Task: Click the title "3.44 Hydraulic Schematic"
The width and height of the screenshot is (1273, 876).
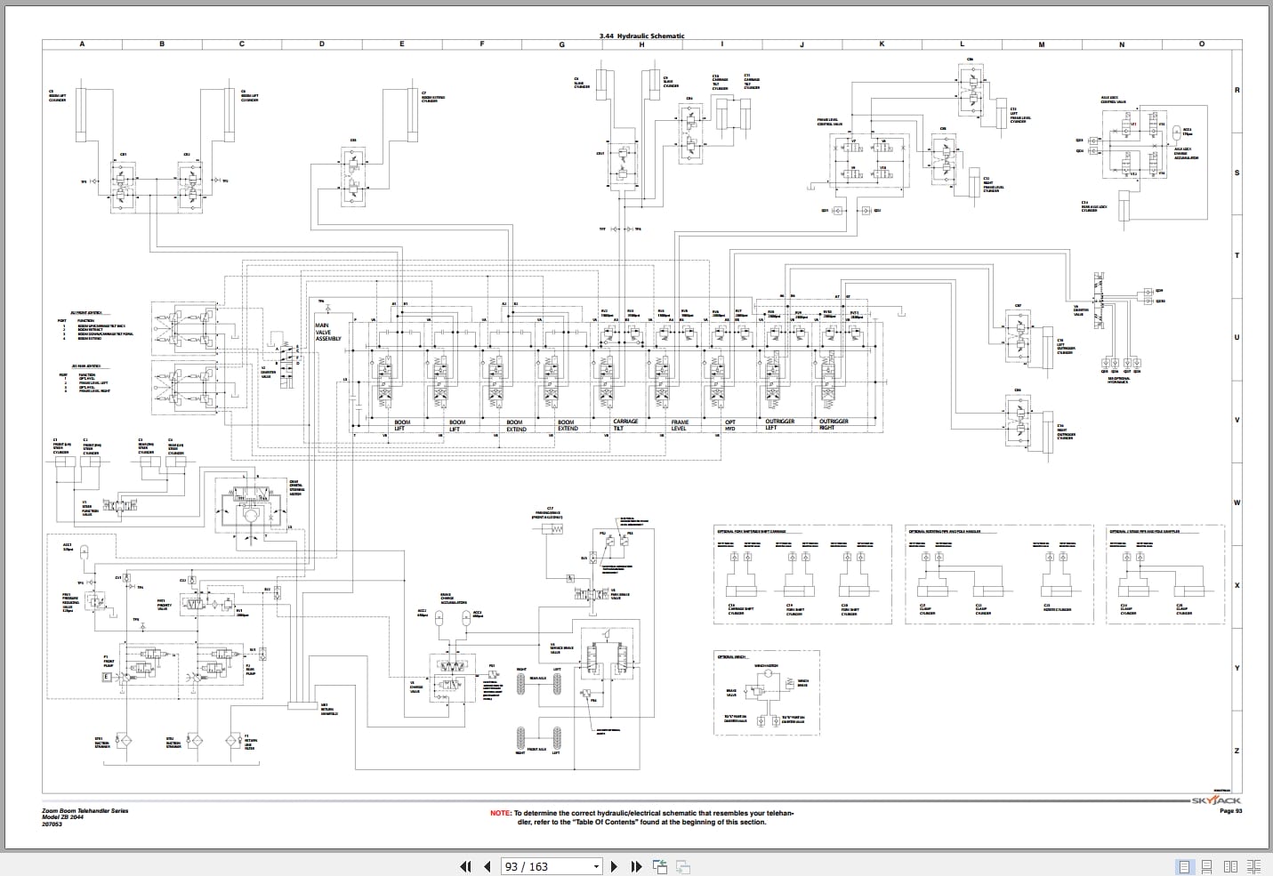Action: point(642,36)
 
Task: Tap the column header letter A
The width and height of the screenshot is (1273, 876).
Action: point(83,44)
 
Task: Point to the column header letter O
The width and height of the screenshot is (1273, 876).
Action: point(1202,44)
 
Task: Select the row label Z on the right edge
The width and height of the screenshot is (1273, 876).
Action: point(1237,751)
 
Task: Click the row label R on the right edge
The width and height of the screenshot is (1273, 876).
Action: point(1237,90)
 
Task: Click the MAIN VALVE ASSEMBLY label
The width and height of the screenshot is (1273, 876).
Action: point(328,333)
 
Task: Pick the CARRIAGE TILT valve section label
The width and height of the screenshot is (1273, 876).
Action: point(625,425)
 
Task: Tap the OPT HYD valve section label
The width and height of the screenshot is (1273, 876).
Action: point(730,425)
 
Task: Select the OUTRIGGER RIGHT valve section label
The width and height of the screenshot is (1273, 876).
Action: point(834,424)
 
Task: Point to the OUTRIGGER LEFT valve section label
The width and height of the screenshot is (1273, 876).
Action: point(779,424)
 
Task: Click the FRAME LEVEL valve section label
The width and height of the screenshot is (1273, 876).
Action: point(680,425)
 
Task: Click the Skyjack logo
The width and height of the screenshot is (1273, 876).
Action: point(1216,800)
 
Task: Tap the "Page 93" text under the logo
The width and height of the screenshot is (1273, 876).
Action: point(1230,811)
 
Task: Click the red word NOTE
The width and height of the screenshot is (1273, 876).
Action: point(501,813)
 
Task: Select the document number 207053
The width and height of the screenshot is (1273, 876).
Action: point(52,824)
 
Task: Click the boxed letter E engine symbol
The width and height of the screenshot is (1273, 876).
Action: point(107,678)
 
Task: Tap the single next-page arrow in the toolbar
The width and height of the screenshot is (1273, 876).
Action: point(613,866)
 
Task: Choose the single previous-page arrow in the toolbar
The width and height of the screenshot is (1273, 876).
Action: point(487,866)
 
